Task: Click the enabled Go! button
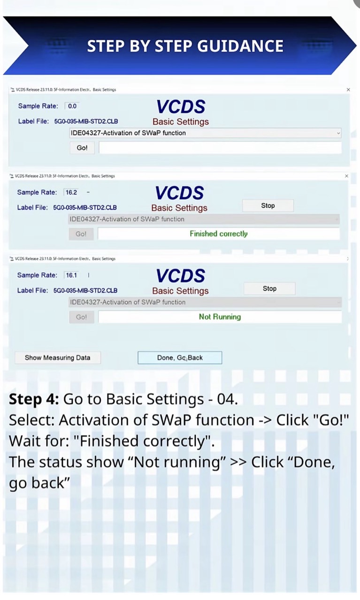point(82,148)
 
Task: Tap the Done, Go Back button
point(180,357)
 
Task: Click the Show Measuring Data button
point(58,357)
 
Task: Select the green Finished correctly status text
point(218,234)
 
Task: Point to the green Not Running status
point(220,317)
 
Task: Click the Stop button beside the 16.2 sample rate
point(268,206)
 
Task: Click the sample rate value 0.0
point(72,106)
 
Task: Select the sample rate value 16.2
point(71,192)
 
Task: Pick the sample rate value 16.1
point(71,275)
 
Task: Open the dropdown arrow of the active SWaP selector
point(338,133)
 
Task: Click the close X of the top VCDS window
point(348,90)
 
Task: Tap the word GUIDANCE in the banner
point(240,46)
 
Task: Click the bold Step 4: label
point(34,399)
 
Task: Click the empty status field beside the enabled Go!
point(220,148)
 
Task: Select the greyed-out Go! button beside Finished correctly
point(81,234)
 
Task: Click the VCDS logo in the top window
point(181,107)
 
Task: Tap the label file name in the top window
point(86,122)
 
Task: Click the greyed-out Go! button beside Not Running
point(82,317)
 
